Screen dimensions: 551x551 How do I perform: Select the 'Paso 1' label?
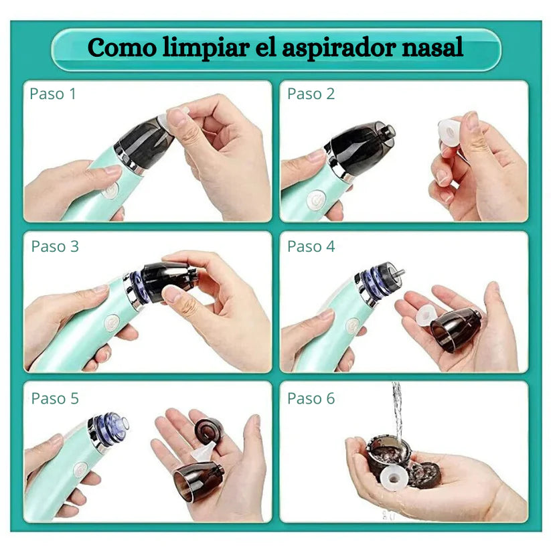pyautogui.click(x=53, y=94)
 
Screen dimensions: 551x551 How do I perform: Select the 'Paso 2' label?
pyautogui.click(x=311, y=94)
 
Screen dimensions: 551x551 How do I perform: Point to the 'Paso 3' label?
pyautogui.click(x=55, y=246)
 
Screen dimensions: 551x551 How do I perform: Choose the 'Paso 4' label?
pyautogui.click(x=311, y=246)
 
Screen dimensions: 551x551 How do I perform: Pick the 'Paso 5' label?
pyautogui.click(x=55, y=398)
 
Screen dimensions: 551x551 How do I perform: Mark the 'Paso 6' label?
pyautogui.click(x=311, y=398)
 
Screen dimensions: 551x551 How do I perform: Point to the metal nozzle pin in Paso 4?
pyautogui.click(x=400, y=272)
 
